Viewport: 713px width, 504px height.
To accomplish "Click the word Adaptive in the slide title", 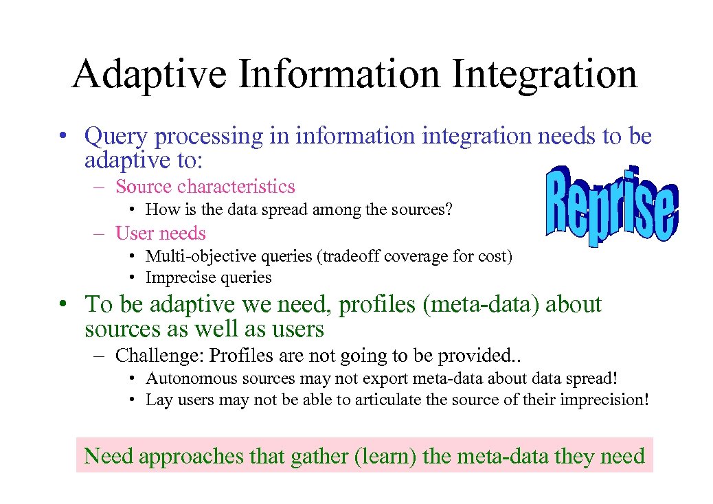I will [149, 76].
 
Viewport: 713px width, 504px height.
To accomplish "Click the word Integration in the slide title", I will [544, 76].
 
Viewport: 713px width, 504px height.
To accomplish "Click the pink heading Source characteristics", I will [205, 187].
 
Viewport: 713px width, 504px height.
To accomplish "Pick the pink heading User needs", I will [160, 233].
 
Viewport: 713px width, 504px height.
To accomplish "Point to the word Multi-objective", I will [194, 257].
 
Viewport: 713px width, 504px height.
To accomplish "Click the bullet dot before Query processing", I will [63, 137].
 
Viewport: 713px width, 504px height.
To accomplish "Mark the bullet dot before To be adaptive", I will [63, 304].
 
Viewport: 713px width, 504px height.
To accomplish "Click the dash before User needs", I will [100, 233].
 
